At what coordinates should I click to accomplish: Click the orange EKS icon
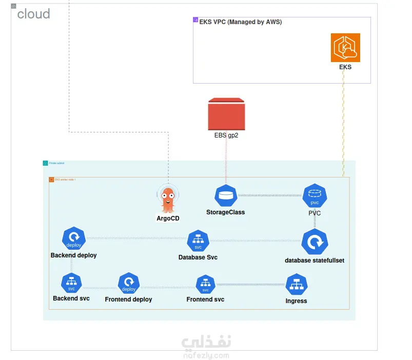[345, 48]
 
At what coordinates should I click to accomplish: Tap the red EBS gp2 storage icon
[226, 114]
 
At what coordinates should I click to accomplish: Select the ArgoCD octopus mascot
[168, 199]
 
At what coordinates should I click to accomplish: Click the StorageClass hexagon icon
[225, 196]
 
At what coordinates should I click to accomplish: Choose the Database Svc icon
[198, 241]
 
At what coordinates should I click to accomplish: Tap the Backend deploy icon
[73, 238]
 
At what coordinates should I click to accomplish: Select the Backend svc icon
[71, 283]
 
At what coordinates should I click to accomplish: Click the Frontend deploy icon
[128, 283]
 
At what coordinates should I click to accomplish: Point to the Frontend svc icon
[205, 284]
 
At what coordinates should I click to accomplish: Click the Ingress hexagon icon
[296, 285]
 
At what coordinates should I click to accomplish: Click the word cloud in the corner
[33, 14]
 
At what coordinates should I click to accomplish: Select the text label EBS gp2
[226, 136]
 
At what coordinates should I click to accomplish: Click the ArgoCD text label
[168, 218]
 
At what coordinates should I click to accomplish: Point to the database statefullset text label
[315, 261]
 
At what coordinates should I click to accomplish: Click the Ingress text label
[296, 301]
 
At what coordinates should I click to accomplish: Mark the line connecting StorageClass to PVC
[270, 195]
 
